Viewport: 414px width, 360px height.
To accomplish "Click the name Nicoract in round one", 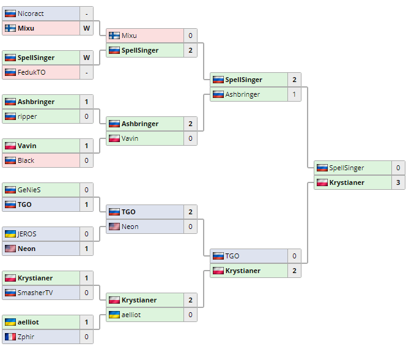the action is click(x=31, y=13).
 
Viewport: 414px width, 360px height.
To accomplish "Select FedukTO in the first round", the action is click(x=32, y=72).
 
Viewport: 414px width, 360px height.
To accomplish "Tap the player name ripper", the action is click(x=28, y=116).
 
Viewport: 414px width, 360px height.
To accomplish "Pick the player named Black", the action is click(x=26, y=160).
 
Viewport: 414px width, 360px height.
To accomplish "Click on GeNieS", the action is click(x=30, y=190).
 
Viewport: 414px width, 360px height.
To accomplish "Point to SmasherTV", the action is click(x=35, y=293).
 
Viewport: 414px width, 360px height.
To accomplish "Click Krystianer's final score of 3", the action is click(x=398, y=182).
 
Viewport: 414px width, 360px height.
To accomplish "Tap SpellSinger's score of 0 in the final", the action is click(x=398, y=168).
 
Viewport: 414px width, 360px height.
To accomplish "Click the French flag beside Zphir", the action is click(x=10, y=337).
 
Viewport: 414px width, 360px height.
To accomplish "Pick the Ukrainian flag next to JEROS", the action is click(x=10, y=234).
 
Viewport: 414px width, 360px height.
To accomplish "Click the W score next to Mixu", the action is click(x=86, y=28).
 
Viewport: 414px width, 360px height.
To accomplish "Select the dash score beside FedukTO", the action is click(x=86, y=72).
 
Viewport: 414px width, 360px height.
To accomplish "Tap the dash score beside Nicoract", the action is click(x=86, y=13).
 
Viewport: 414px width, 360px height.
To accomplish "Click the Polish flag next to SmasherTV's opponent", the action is click(x=10, y=278).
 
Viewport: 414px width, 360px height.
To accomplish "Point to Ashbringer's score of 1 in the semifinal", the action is click(x=294, y=94).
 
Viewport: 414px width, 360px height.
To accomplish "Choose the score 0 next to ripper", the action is click(x=86, y=116).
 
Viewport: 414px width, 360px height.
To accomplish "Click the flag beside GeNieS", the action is click(x=10, y=190).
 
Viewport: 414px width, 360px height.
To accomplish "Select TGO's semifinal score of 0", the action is click(x=294, y=256).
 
